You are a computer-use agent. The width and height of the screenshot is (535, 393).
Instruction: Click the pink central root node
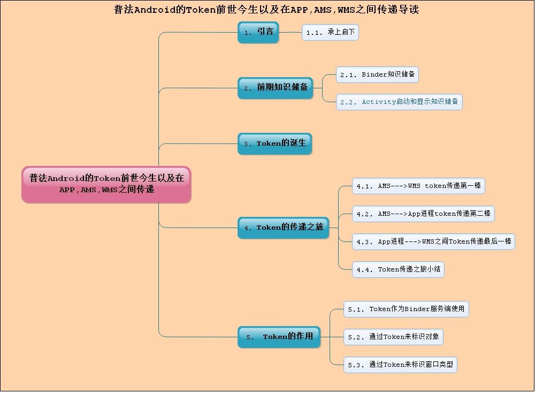[x=106, y=184]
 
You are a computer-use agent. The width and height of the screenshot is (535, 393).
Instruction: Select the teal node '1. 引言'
[x=258, y=32]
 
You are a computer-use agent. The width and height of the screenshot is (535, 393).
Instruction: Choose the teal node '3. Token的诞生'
[x=274, y=143]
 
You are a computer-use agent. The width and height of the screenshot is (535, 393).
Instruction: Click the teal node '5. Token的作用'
[x=279, y=337]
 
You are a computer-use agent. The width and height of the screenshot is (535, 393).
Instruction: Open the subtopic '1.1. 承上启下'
[x=330, y=32]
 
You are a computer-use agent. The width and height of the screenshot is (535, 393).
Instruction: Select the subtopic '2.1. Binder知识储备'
[x=377, y=75]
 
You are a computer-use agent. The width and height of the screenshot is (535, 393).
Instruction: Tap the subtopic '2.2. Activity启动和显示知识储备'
[x=399, y=102]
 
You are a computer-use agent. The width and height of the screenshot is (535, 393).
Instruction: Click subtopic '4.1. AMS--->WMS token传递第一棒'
[x=418, y=186]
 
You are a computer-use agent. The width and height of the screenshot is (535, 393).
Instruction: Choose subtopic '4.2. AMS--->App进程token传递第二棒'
[x=423, y=214]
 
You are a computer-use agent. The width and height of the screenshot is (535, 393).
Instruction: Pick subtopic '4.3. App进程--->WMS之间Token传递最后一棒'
[x=433, y=241]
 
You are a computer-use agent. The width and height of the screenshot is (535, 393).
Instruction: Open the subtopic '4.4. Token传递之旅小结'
[x=398, y=269]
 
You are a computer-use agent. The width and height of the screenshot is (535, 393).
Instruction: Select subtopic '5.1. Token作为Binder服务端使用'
[x=406, y=309]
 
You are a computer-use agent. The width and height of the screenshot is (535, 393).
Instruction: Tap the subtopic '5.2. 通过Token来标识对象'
[x=393, y=337]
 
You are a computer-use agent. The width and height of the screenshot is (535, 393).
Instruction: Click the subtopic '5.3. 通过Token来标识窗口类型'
[x=400, y=365]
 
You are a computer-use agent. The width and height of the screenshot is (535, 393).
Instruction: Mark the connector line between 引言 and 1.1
[x=290, y=32]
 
